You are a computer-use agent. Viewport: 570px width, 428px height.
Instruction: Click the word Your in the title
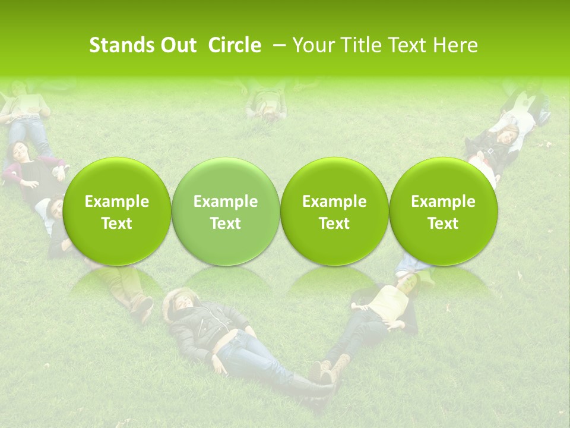click(310, 45)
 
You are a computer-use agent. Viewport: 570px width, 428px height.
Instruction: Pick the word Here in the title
click(456, 45)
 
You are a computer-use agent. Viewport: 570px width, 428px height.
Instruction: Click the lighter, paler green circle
click(226, 211)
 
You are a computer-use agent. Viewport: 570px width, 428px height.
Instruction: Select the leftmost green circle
click(117, 211)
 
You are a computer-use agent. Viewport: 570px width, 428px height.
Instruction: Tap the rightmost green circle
click(443, 211)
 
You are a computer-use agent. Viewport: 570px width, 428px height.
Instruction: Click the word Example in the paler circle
click(226, 202)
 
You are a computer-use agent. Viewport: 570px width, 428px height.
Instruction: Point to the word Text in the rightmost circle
click(443, 224)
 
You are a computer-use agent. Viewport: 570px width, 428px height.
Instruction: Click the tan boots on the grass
click(330, 369)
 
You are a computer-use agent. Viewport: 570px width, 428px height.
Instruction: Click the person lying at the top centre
click(267, 102)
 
